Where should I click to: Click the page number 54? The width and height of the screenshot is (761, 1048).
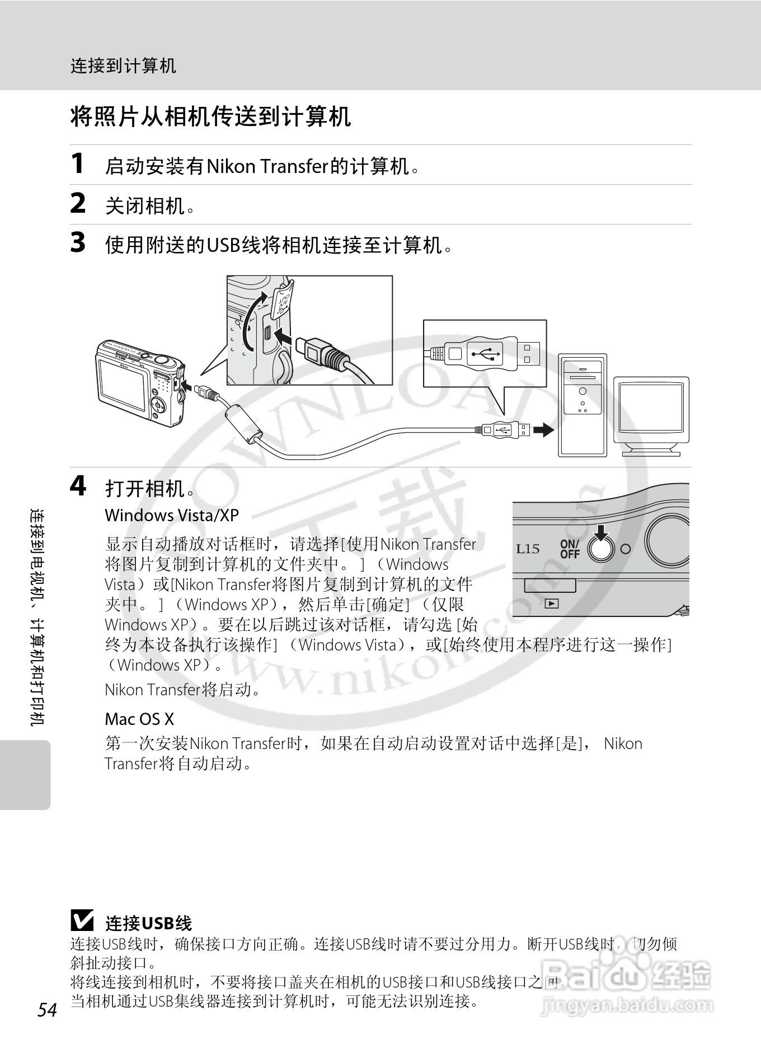[48, 1010]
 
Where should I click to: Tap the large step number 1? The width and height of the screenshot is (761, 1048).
[78, 163]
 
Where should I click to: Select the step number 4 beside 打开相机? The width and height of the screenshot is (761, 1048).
[78, 485]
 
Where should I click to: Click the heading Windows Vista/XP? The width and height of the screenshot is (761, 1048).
[172, 515]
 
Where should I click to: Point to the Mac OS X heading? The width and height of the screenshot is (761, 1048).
[139, 719]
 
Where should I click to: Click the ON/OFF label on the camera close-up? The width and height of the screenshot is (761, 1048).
[570, 549]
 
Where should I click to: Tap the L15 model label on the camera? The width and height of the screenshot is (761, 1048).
[528, 549]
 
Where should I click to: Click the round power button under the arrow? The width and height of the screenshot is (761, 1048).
[600, 550]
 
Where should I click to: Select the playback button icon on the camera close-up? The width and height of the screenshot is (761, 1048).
[552, 603]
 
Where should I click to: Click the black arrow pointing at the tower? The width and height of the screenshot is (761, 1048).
[543, 430]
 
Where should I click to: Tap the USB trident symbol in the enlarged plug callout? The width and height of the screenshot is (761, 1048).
[485, 354]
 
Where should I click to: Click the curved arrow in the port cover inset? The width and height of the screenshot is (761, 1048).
[251, 318]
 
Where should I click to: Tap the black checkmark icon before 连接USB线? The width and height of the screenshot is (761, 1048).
[82, 921]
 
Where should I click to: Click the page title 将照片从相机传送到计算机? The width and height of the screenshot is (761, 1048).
[210, 117]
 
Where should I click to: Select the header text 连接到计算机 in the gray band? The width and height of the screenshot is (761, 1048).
[123, 66]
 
